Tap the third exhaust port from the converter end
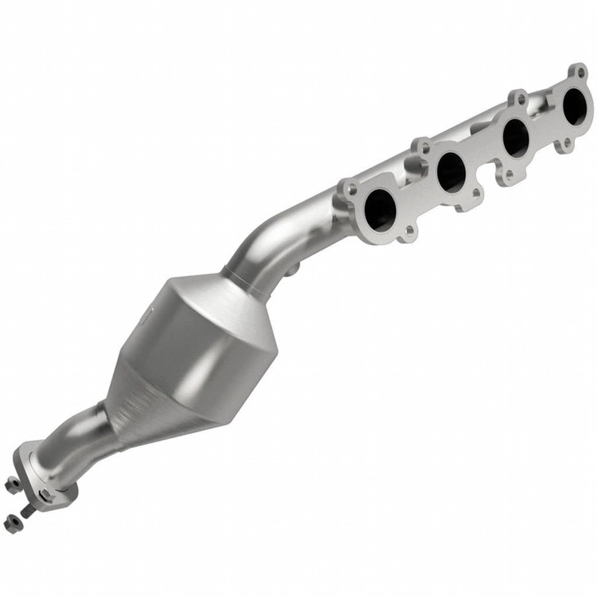coord(515,137)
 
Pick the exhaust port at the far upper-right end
coord(574,107)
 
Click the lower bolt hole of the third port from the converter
coord(508,173)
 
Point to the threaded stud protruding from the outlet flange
coord(27,511)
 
